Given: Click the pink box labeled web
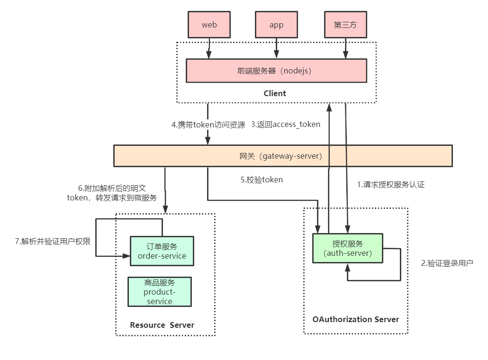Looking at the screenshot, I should pos(209,25).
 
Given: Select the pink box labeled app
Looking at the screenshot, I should pos(276,25).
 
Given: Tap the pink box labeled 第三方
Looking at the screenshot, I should pos(345,25).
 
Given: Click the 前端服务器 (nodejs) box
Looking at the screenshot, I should pos(276,71).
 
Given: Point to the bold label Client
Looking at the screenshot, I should pos(275,93).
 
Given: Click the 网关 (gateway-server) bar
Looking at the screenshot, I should pos(283,156).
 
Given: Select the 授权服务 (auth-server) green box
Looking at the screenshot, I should pos(348,248).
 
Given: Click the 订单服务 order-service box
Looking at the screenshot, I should pos(162,251).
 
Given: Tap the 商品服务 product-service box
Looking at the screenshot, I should pos(160,292).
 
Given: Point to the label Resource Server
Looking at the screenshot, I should pos(162,325).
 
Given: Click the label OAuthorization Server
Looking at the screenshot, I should pos(356,319).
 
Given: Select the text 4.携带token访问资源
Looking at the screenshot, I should pos(208,125).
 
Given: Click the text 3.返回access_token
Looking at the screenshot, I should pos(286,125).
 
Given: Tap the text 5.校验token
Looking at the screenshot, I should pos(262,180).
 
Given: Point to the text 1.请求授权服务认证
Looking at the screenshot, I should pos(391,185).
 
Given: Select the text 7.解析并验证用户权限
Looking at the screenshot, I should pos(53,241).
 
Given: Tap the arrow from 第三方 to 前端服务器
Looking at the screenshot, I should pos(345,48).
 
